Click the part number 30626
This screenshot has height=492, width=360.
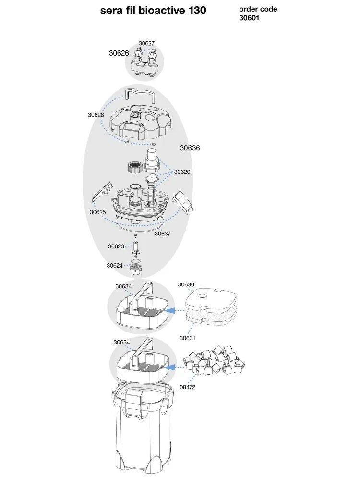pyautogui.click(x=119, y=53)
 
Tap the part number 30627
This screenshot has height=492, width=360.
pyautogui.click(x=146, y=44)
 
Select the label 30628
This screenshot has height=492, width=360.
pyautogui.click(x=96, y=115)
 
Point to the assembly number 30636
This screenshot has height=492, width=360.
pyautogui.click(x=190, y=148)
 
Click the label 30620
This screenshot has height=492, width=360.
pyautogui.click(x=182, y=172)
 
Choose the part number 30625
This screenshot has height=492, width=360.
pyautogui.click(x=97, y=212)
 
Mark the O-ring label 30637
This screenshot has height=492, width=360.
pyautogui.click(x=162, y=234)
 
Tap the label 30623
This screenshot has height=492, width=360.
pyautogui.click(x=116, y=246)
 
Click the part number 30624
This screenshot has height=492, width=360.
pyautogui.click(x=114, y=265)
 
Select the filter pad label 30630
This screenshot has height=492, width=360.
pyautogui.click(x=186, y=284)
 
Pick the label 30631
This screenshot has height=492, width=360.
pyautogui.click(x=187, y=338)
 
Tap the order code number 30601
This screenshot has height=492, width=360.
pyautogui.click(x=249, y=18)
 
